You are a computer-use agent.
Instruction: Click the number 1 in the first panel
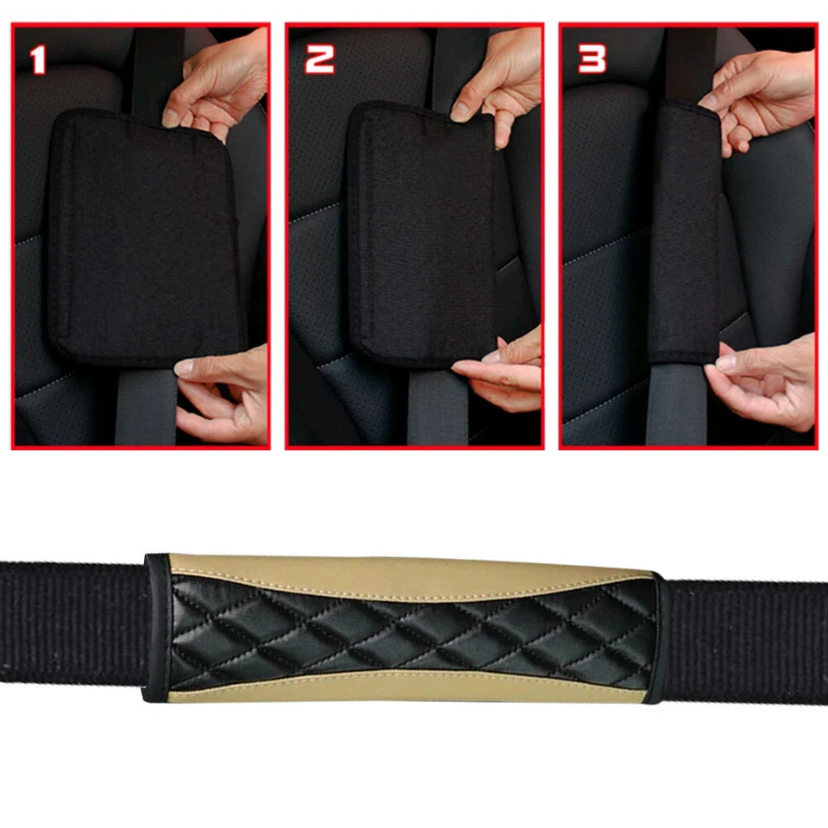click(37, 60)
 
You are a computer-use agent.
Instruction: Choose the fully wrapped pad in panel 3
click(684, 233)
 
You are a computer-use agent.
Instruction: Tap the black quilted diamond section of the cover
click(405, 630)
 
